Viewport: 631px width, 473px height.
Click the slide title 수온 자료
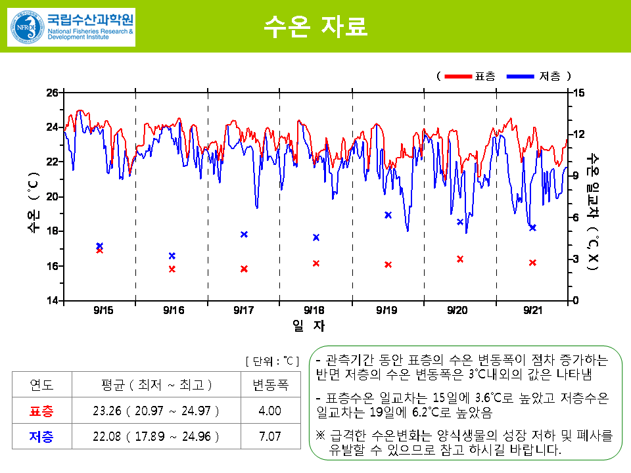tap(315, 27)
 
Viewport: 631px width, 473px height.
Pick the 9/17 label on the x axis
tap(243, 310)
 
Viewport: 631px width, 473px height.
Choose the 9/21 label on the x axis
tap(532, 310)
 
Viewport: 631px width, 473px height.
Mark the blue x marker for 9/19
tap(388, 215)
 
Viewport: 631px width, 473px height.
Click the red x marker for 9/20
tap(460, 259)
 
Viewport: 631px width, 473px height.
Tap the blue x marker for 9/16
tap(172, 256)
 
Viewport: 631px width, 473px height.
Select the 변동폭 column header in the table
tap(270, 385)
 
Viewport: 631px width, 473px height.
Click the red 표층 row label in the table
tap(41, 411)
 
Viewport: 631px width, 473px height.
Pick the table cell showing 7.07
tap(270, 436)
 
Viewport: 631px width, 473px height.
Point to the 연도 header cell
tap(41, 385)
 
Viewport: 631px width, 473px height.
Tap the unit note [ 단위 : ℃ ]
tap(272, 361)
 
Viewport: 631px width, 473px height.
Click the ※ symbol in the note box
tap(321, 436)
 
